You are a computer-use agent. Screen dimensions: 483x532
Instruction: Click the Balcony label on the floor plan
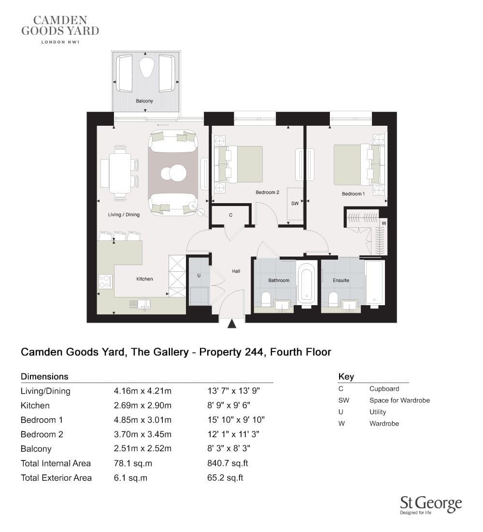pyautogui.click(x=144, y=101)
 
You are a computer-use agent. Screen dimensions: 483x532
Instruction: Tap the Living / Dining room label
pyautogui.click(x=124, y=214)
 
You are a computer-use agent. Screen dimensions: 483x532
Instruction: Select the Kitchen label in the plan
pyautogui.click(x=144, y=279)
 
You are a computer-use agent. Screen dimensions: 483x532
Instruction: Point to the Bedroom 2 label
pyautogui.click(x=268, y=192)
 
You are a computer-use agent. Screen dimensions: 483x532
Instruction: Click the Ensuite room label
pyautogui.click(x=341, y=280)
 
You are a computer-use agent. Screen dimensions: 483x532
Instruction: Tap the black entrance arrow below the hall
pyautogui.click(x=232, y=324)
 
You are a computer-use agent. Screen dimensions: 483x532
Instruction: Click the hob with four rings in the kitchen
pyautogui.click(x=105, y=281)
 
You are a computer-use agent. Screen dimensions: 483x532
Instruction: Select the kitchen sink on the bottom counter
pyautogui.click(x=144, y=304)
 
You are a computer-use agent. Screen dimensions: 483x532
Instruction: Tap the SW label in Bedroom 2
pyautogui.click(x=295, y=204)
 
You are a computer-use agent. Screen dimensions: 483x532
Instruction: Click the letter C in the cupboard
pyautogui.click(x=230, y=215)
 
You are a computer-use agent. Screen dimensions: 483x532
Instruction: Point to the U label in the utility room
pyautogui.click(x=199, y=276)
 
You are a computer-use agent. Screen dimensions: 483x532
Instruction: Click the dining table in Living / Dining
pyautogui.click(x=120, y=173)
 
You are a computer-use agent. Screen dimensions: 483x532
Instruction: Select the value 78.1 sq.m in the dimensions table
pyautogui.click(x=133, y=463)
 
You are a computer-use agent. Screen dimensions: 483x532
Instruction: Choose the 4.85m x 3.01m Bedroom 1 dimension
pyautogui.click(x=142, y=420)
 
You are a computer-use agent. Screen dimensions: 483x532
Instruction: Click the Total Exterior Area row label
pyautogui.click(x=56, y=478)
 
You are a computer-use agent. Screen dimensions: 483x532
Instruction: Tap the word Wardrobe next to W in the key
pyautogui.click(x=384, y=424)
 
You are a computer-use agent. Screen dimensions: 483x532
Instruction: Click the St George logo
pyautogui.click(x=431, y=505)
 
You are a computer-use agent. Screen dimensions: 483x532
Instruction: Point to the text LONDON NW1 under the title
pyautogui.click(x=60, y=42)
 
